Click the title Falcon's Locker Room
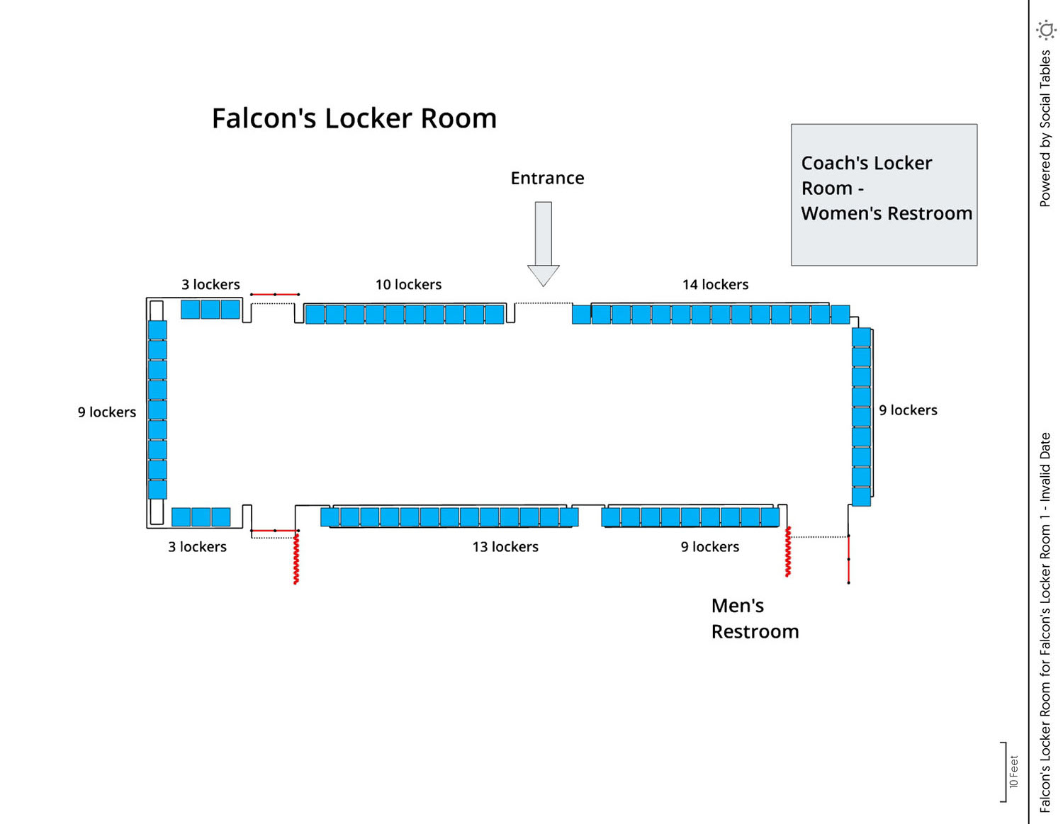pyautogui.click(x=354, y=118)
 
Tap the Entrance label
pyautogui.click(x=547, y=178)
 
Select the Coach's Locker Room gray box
pyautogui.click(x=884, y=195)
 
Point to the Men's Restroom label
pyautogui.click(x=754, y=618)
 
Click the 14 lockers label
pyautogui.click(x=715, y=285)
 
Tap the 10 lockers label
pyautogui.click(x=408, y=285)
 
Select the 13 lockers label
pyautogui.click(x=505, y=547)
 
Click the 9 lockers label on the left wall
pyautogui.click(x=106, y=412)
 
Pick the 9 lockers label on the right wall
pyautogui.click(x=908, y=410)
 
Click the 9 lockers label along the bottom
pyautogui.click(x=709, y=547)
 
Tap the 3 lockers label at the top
pyautogui.click(x=210, y=285)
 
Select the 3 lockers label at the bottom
pyautogui.click(x=197, y=547)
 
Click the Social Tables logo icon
pyautogui.click(x=1046, y=30)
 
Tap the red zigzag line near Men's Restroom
pyautogui.click(x=787, y=552)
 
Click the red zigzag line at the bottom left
pyautogui.click(x=296, y=558)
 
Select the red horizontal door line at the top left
pyautogui.click(x=275, y=294)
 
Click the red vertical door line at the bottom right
pyautogui.click(x=848, y=560)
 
